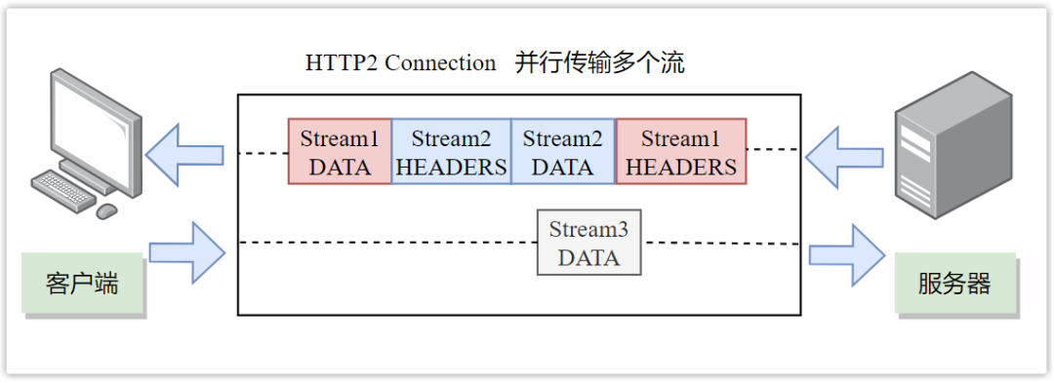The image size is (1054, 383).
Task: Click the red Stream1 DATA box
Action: click(340, 152)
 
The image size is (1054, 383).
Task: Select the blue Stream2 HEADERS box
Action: click(451, 152)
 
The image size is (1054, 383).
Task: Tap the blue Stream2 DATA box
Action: click(563, 152)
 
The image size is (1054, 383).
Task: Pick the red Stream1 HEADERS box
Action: click(681, 152)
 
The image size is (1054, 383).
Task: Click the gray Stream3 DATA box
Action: click(588, 243)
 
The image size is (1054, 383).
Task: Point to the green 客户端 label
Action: click(82, 284)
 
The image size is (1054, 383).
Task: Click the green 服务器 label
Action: click(954, 284)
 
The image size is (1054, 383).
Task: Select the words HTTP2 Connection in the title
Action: click(401, 63)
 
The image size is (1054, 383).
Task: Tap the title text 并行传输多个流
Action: click(600, 63)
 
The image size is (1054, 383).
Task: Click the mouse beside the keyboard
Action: click(106, 211)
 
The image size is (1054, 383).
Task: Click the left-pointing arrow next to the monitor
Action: click(186, 153)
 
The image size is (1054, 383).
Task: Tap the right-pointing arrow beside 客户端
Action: click(186, 253)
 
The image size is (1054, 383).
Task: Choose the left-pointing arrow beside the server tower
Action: click(844, 153)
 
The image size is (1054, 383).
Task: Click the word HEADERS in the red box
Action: click(681, 168)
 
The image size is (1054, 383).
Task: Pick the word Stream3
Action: click(588, 230)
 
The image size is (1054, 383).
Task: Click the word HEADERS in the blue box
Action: click(451, 168)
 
